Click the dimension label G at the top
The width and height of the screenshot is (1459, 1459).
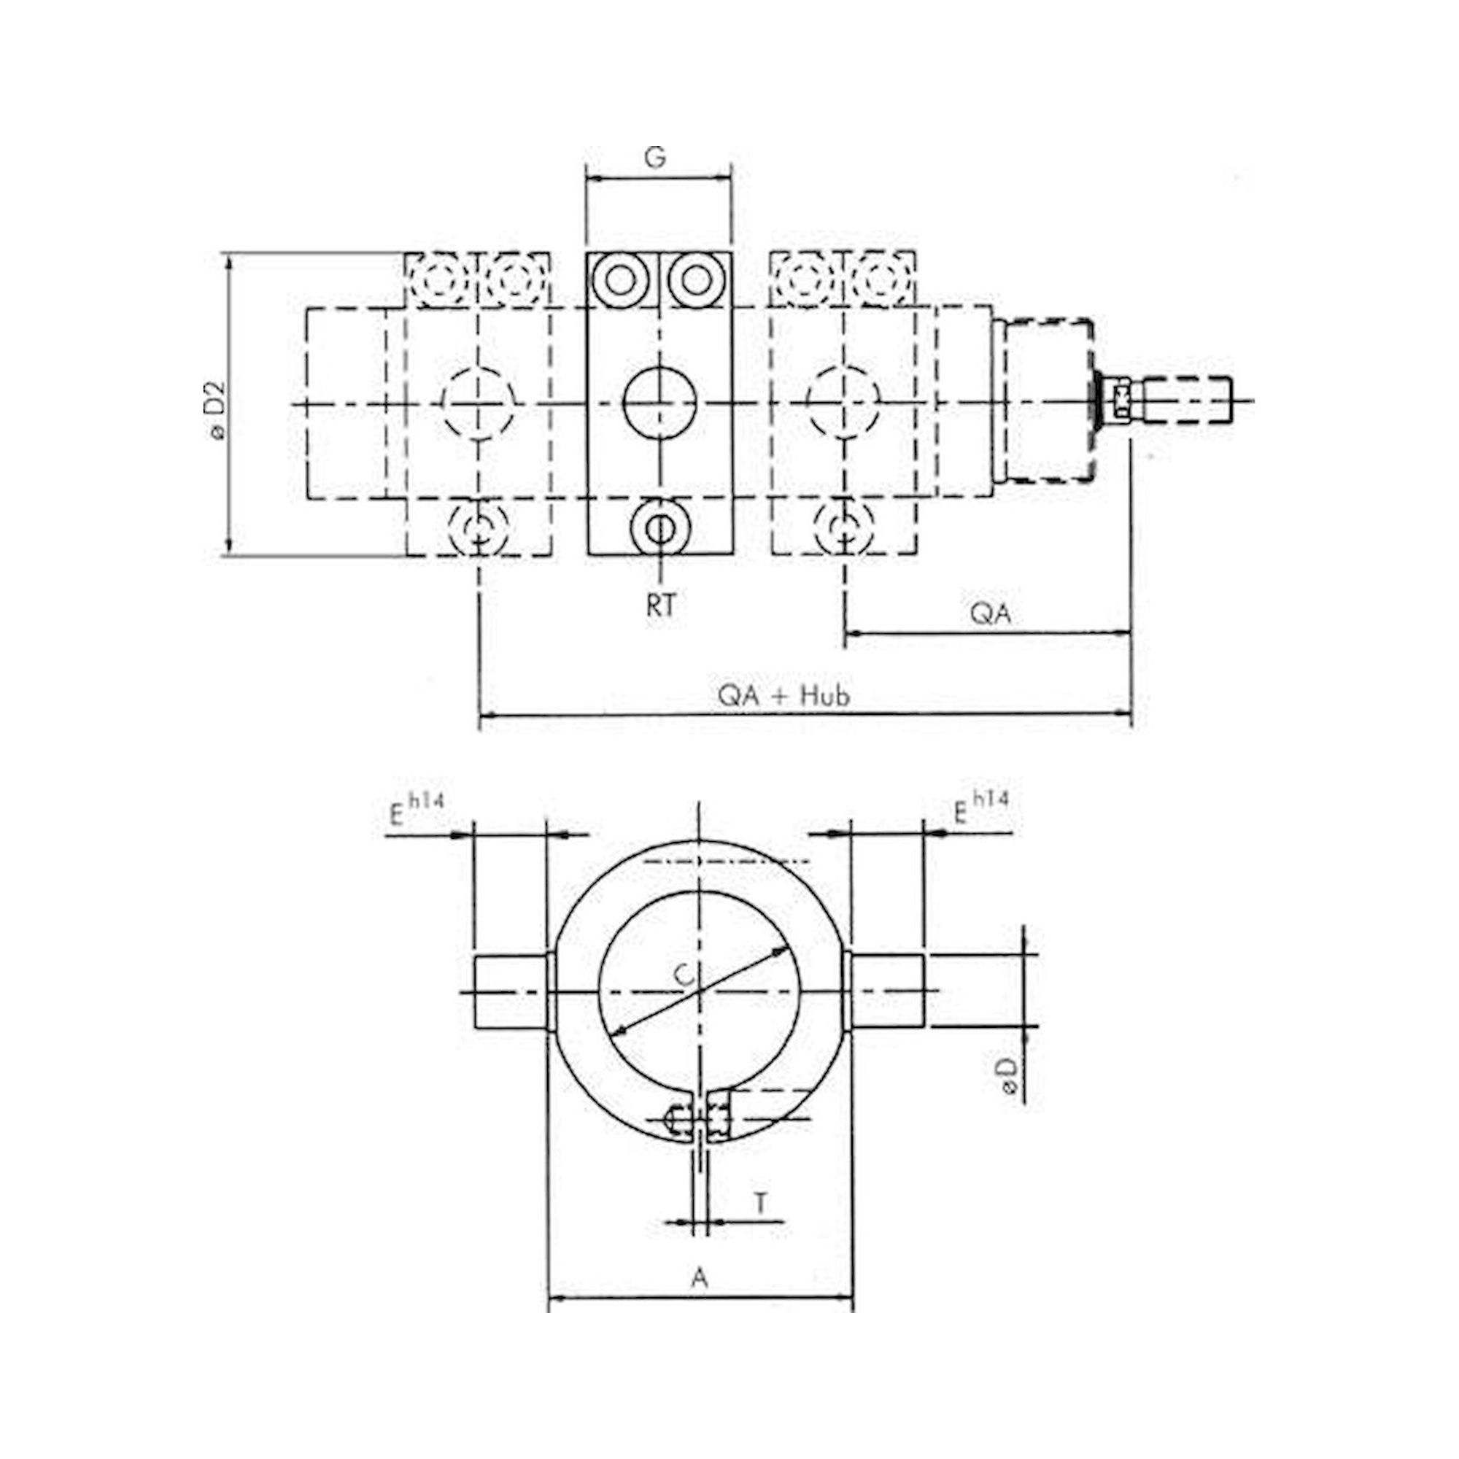(656, 158)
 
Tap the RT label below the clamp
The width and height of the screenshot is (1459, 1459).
(661, 605)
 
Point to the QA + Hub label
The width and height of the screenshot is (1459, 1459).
(784, 694)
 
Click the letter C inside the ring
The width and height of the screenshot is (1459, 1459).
(683, 975)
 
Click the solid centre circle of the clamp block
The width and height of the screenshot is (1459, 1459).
(659, 403)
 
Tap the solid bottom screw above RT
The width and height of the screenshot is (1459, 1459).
(661, 527)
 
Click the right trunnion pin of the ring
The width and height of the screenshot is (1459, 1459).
(888, 991)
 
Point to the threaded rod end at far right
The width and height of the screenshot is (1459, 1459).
(1187, 403)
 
